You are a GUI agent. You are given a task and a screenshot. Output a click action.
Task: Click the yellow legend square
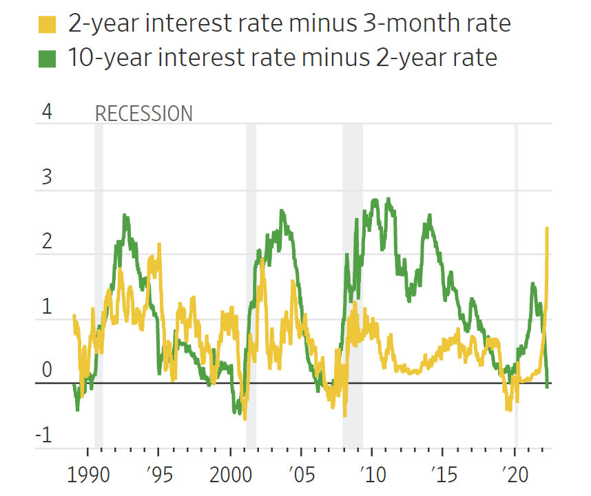[47, 25]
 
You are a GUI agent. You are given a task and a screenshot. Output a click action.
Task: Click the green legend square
[47, 58]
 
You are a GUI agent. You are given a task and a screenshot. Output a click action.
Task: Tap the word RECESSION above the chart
[143, 114]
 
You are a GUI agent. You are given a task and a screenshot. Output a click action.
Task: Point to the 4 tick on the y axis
[47, 112]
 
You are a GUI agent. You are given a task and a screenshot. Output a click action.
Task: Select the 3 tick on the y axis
[47, 177]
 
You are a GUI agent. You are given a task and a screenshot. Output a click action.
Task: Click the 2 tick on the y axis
[47, 241]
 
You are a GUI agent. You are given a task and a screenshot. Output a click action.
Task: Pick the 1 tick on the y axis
[47, 306]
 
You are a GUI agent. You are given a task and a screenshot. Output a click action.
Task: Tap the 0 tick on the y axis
[47, 370]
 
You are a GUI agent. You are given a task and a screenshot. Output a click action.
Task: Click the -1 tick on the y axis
[44, 435]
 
